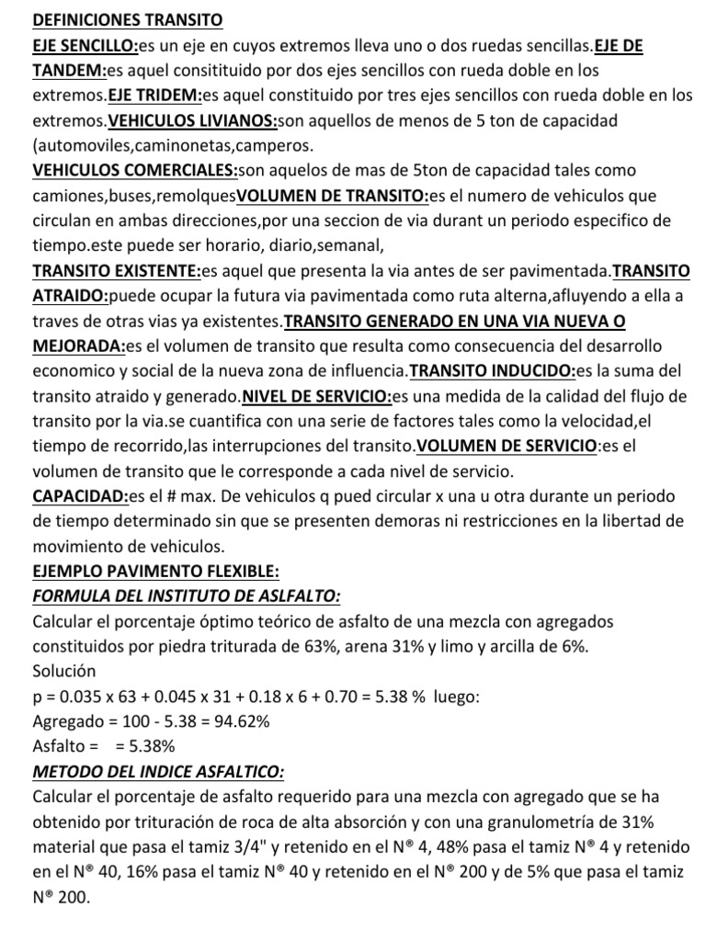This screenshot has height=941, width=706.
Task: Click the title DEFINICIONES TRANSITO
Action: pyautogui.click(x=128, y=20)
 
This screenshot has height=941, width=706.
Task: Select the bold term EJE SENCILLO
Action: pyautogui.click(x=85, y=45)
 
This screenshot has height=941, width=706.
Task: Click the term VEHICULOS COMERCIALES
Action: pyautogui.click(x=135, y=170)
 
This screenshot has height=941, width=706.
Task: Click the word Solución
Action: pyautogui.click(x=63, y=672)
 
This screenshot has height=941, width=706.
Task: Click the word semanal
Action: pyautogui.click(x=349, y=245)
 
